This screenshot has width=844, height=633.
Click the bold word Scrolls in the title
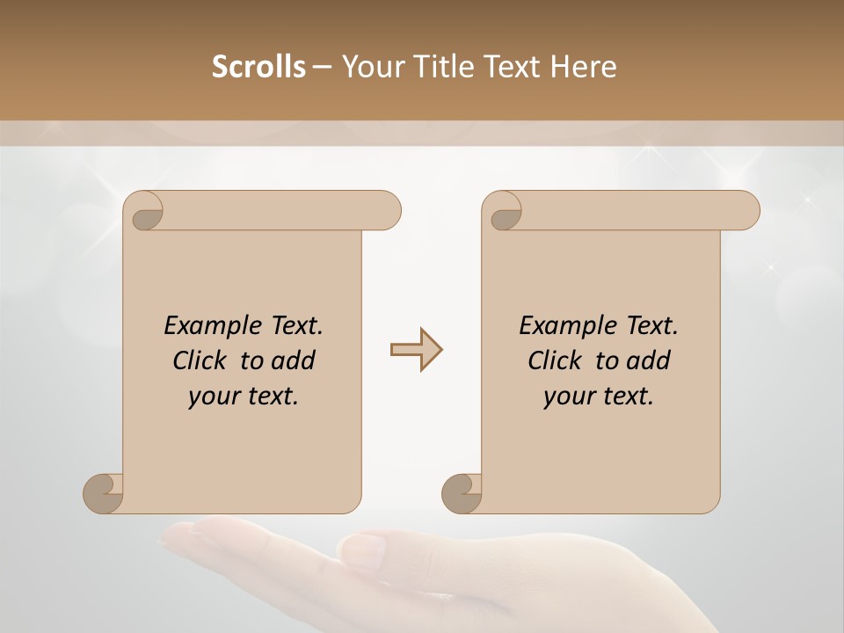click(258, 67)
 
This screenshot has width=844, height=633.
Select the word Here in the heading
click(583, 67)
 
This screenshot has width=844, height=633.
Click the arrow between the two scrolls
click(417, 350)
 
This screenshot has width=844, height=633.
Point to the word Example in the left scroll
click(211, 326)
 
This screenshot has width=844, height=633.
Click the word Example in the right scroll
click(566, 326)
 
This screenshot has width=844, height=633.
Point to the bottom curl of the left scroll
click(104, 493)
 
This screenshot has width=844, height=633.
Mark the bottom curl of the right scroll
click(462, 493)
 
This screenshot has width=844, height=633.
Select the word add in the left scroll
click(294, 360)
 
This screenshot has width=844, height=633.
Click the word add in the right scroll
click(649, 360)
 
